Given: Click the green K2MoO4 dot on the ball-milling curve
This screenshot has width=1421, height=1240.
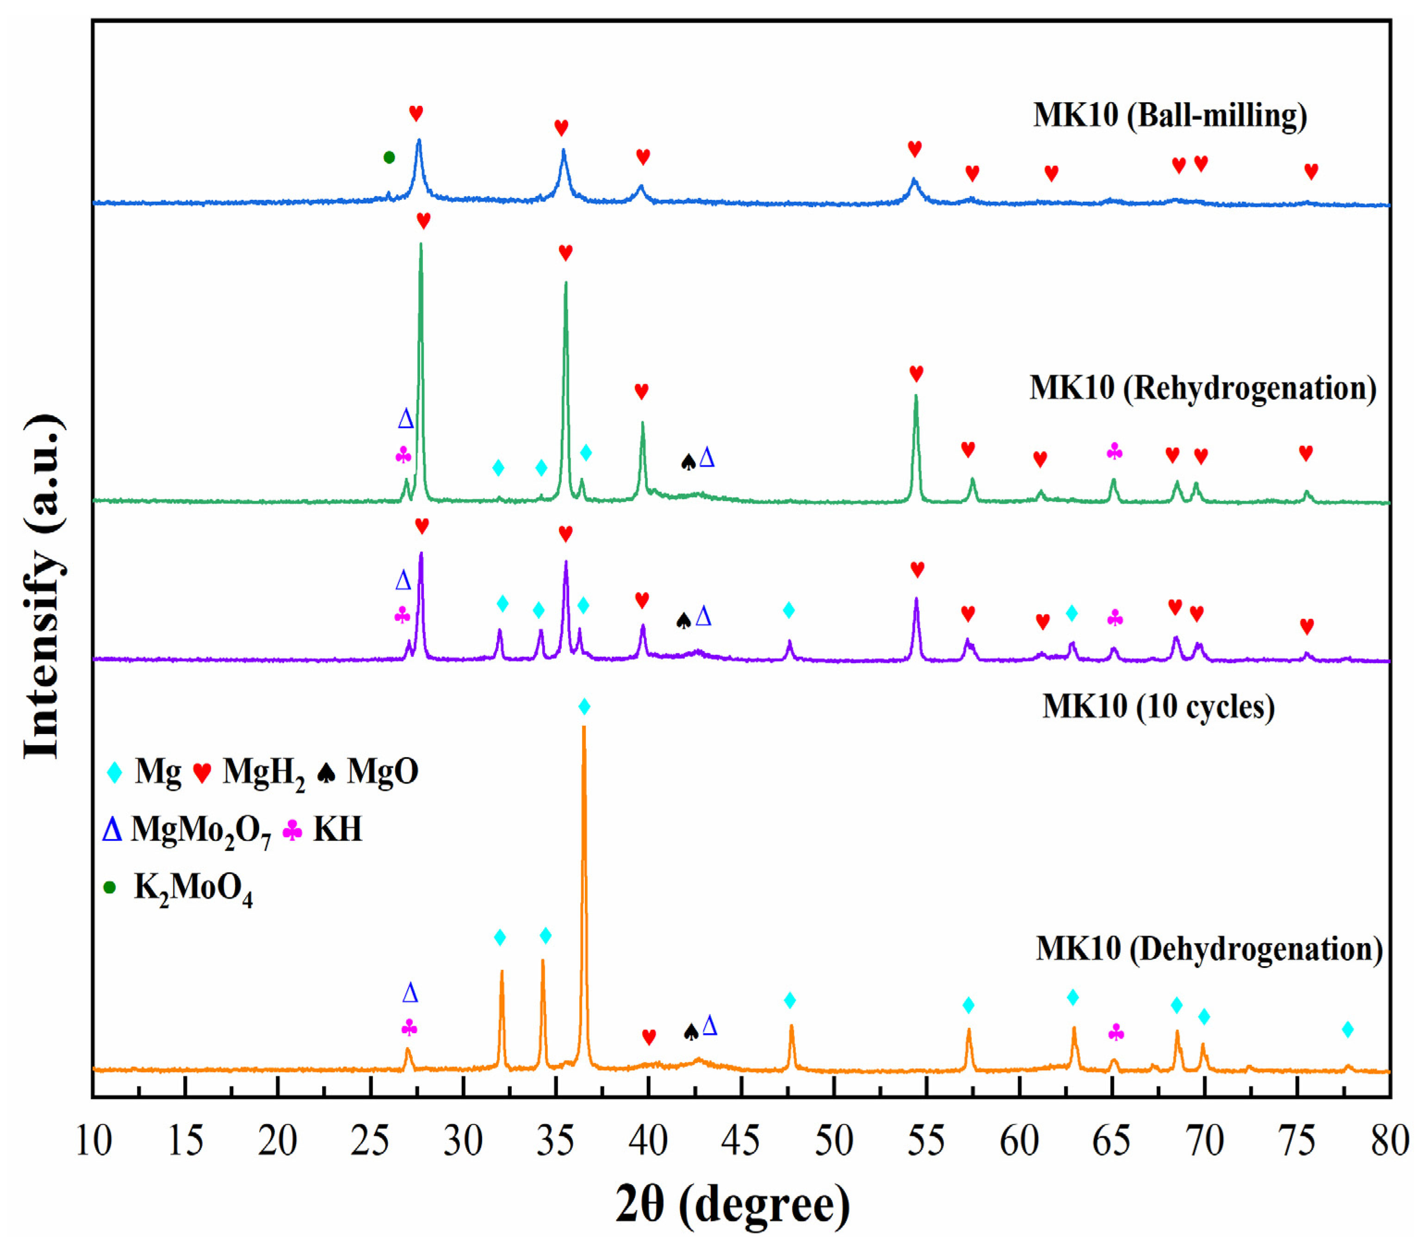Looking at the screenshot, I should [x=389, y=158].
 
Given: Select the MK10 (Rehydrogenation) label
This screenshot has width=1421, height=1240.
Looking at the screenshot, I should [x=1202, y=388].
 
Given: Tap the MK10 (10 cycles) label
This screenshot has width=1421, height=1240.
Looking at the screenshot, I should [x=1158, y=707].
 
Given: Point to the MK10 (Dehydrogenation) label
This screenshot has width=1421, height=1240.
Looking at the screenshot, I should [x=1209, y=948].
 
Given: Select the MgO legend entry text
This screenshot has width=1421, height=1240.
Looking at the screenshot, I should [x=382, y=771].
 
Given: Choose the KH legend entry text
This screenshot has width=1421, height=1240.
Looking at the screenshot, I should [x=337, y=829].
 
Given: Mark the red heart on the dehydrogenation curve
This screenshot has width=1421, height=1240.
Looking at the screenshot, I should [x=649, y=1036].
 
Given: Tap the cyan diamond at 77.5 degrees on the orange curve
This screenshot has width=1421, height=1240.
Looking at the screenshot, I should [x=1347, y=1030].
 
